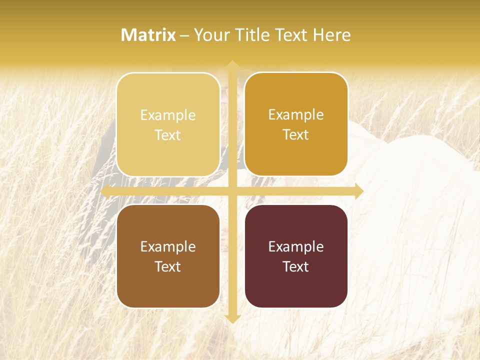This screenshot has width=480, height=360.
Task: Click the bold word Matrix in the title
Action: click(148, 35)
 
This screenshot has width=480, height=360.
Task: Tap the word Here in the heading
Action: click(332, 35)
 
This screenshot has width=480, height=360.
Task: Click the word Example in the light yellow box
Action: click(168, 115)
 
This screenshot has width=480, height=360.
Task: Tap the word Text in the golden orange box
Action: click(296, 135)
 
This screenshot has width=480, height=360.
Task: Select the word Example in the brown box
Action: click(168, 247)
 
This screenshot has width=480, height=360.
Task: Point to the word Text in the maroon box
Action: click(296, 267)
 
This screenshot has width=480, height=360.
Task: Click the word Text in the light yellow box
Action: click(168, 135)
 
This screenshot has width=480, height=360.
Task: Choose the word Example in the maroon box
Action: click(296, 247)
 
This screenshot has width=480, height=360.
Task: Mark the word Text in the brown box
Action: click(168, 267)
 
